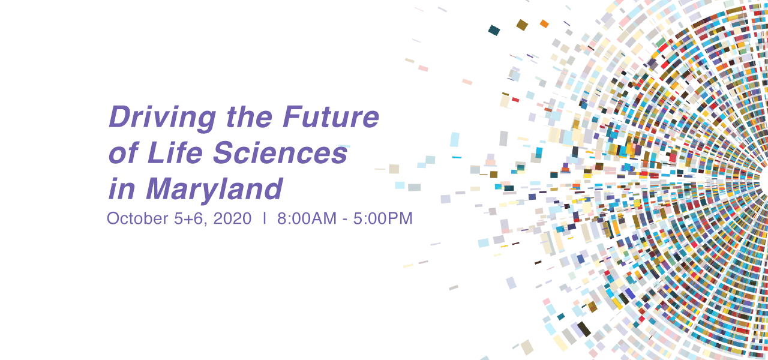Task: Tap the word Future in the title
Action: [331, 116]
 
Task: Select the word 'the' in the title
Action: [249, 116]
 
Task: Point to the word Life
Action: [175, 152]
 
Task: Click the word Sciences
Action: [280, 152]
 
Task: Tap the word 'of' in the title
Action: [123, 152]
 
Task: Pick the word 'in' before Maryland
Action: [122, 188]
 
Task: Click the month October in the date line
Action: [137, 218]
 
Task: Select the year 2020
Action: [232, 219]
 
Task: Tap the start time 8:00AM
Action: [307, 219]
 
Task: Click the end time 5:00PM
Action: [383, 219]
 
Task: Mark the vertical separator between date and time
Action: [265, 218]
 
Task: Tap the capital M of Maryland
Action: [162, 188]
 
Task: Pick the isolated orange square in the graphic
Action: [544, 23]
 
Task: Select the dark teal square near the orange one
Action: [494, 30]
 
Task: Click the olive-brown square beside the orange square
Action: [522, 25]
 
